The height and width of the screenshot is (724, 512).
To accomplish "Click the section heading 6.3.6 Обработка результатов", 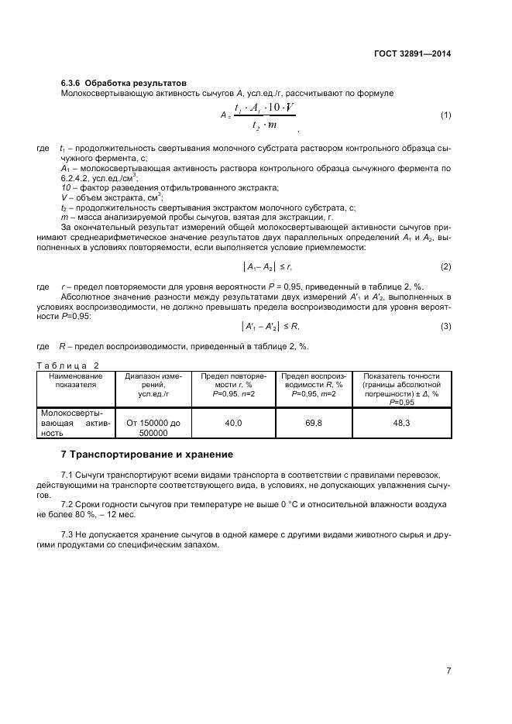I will (123, 83).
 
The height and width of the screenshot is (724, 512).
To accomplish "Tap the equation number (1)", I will (445, 115).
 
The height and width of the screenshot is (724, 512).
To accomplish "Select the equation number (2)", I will (445, 266).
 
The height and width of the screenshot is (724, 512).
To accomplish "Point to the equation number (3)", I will (445, 326).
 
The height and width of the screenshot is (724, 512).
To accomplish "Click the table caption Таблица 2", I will (69, 365).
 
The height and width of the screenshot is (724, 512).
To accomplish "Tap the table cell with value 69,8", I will (312, 424).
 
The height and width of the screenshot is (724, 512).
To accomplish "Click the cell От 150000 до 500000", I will (153, 428).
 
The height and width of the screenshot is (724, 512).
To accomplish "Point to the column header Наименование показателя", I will (75, 379).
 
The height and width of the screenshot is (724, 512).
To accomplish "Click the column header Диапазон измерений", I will (153, 384).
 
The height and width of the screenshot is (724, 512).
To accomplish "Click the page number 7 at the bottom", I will (448, 671).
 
